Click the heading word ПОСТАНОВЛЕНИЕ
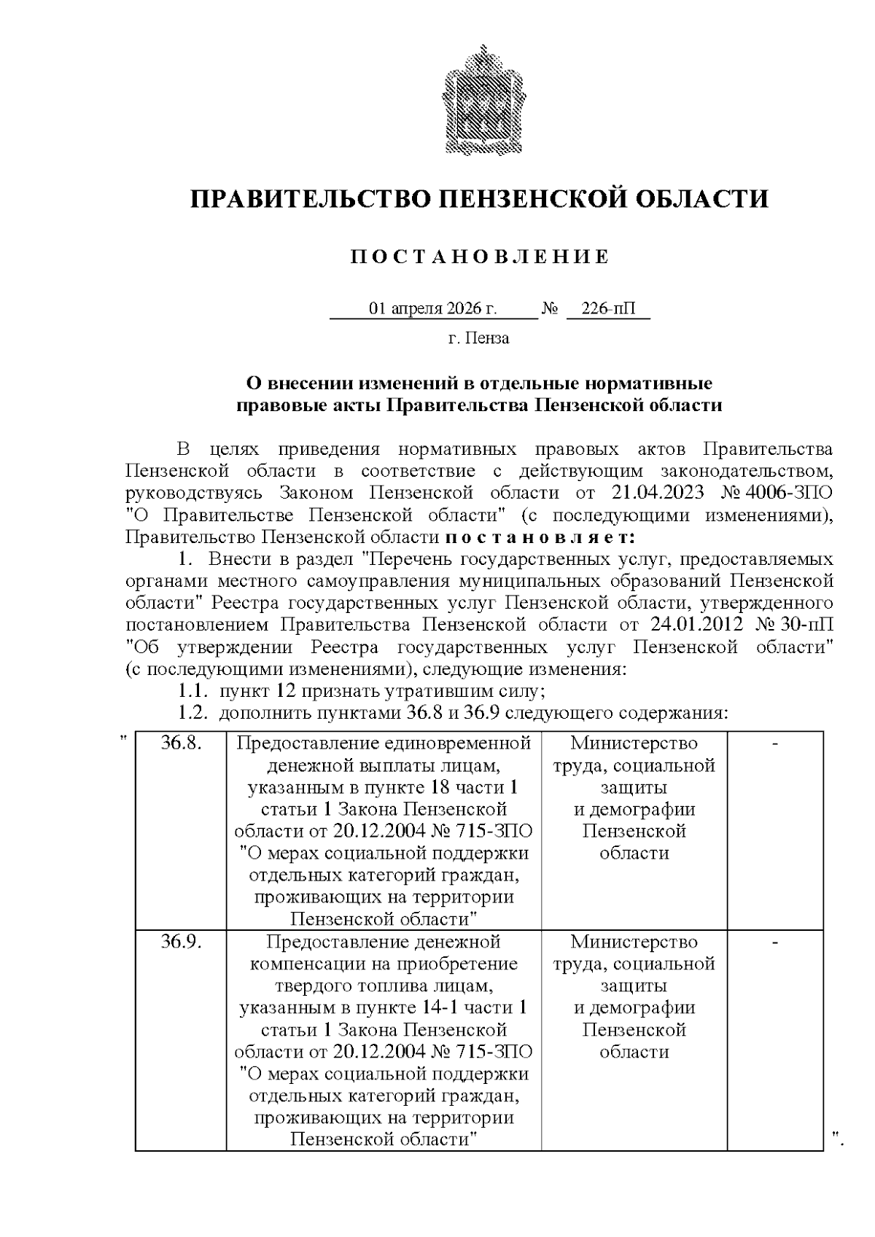point(479,257)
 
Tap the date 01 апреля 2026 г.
point(433,308)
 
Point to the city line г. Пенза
point(479,338)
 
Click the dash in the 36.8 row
point(776,743)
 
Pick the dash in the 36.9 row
point(776,942)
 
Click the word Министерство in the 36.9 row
point(634,942)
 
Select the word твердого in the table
point(314,986)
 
